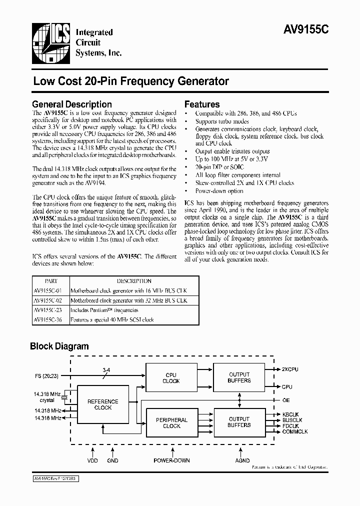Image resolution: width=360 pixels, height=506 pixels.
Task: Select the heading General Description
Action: (72, 104)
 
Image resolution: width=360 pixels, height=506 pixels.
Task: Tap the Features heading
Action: (202, 104)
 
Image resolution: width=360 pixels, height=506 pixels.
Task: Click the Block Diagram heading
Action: (59, 346)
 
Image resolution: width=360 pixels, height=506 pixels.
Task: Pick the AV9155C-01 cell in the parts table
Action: (49, 290)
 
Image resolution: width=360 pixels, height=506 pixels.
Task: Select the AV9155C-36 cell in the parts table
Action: (49, 319)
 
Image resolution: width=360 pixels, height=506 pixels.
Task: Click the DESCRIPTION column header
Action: (133, 281)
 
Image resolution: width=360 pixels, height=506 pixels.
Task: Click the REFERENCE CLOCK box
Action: (103, 404)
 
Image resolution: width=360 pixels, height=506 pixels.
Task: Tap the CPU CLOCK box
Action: (171, 377)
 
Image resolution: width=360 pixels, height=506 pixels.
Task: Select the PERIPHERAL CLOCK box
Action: (171, 423)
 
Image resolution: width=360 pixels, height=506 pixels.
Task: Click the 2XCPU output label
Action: (289, 369)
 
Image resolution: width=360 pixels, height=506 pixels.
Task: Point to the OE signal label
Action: (285, 399)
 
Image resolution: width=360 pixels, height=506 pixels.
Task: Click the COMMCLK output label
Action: (294, 431)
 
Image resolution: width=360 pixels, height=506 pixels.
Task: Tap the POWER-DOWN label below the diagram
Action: (171, 460)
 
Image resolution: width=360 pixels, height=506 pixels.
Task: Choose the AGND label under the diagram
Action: (242, 460)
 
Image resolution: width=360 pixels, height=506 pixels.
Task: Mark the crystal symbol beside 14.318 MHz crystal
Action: (64, 398)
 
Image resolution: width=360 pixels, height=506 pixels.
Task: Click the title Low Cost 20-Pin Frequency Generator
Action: (131, 81)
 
